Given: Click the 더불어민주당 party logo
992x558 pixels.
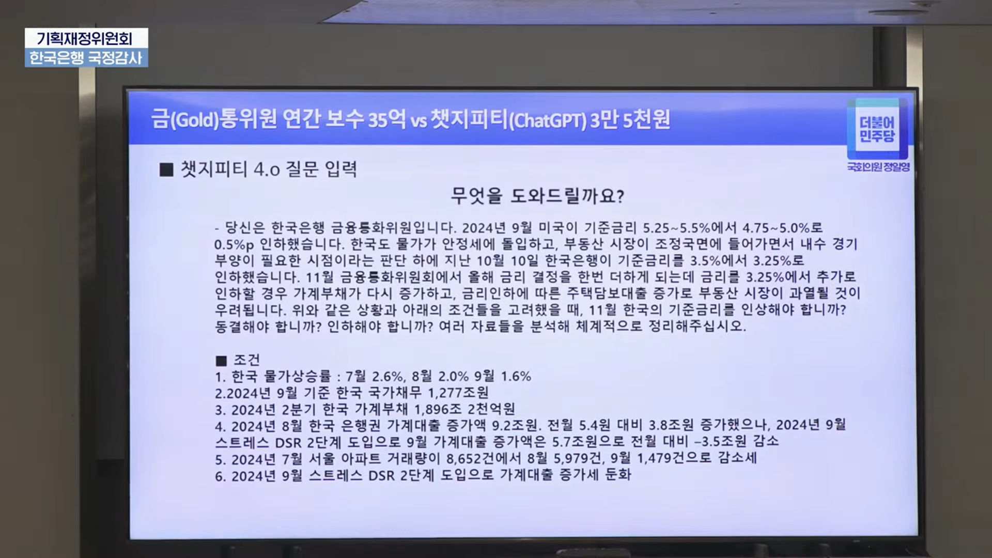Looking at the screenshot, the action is tap(878, 129).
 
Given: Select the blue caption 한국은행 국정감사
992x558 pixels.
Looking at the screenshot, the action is tap(86, 57).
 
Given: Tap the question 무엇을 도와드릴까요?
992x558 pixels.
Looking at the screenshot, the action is tap(537, 196).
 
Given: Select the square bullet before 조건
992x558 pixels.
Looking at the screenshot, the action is tap(221, 361).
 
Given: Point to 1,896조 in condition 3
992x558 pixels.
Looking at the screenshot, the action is tap(439, 409).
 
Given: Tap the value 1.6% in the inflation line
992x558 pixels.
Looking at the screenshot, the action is tap(516, 376).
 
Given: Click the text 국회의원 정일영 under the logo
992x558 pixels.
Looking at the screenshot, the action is tap(878, 167).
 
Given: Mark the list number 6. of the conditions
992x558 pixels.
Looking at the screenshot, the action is tap(221, 476).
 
